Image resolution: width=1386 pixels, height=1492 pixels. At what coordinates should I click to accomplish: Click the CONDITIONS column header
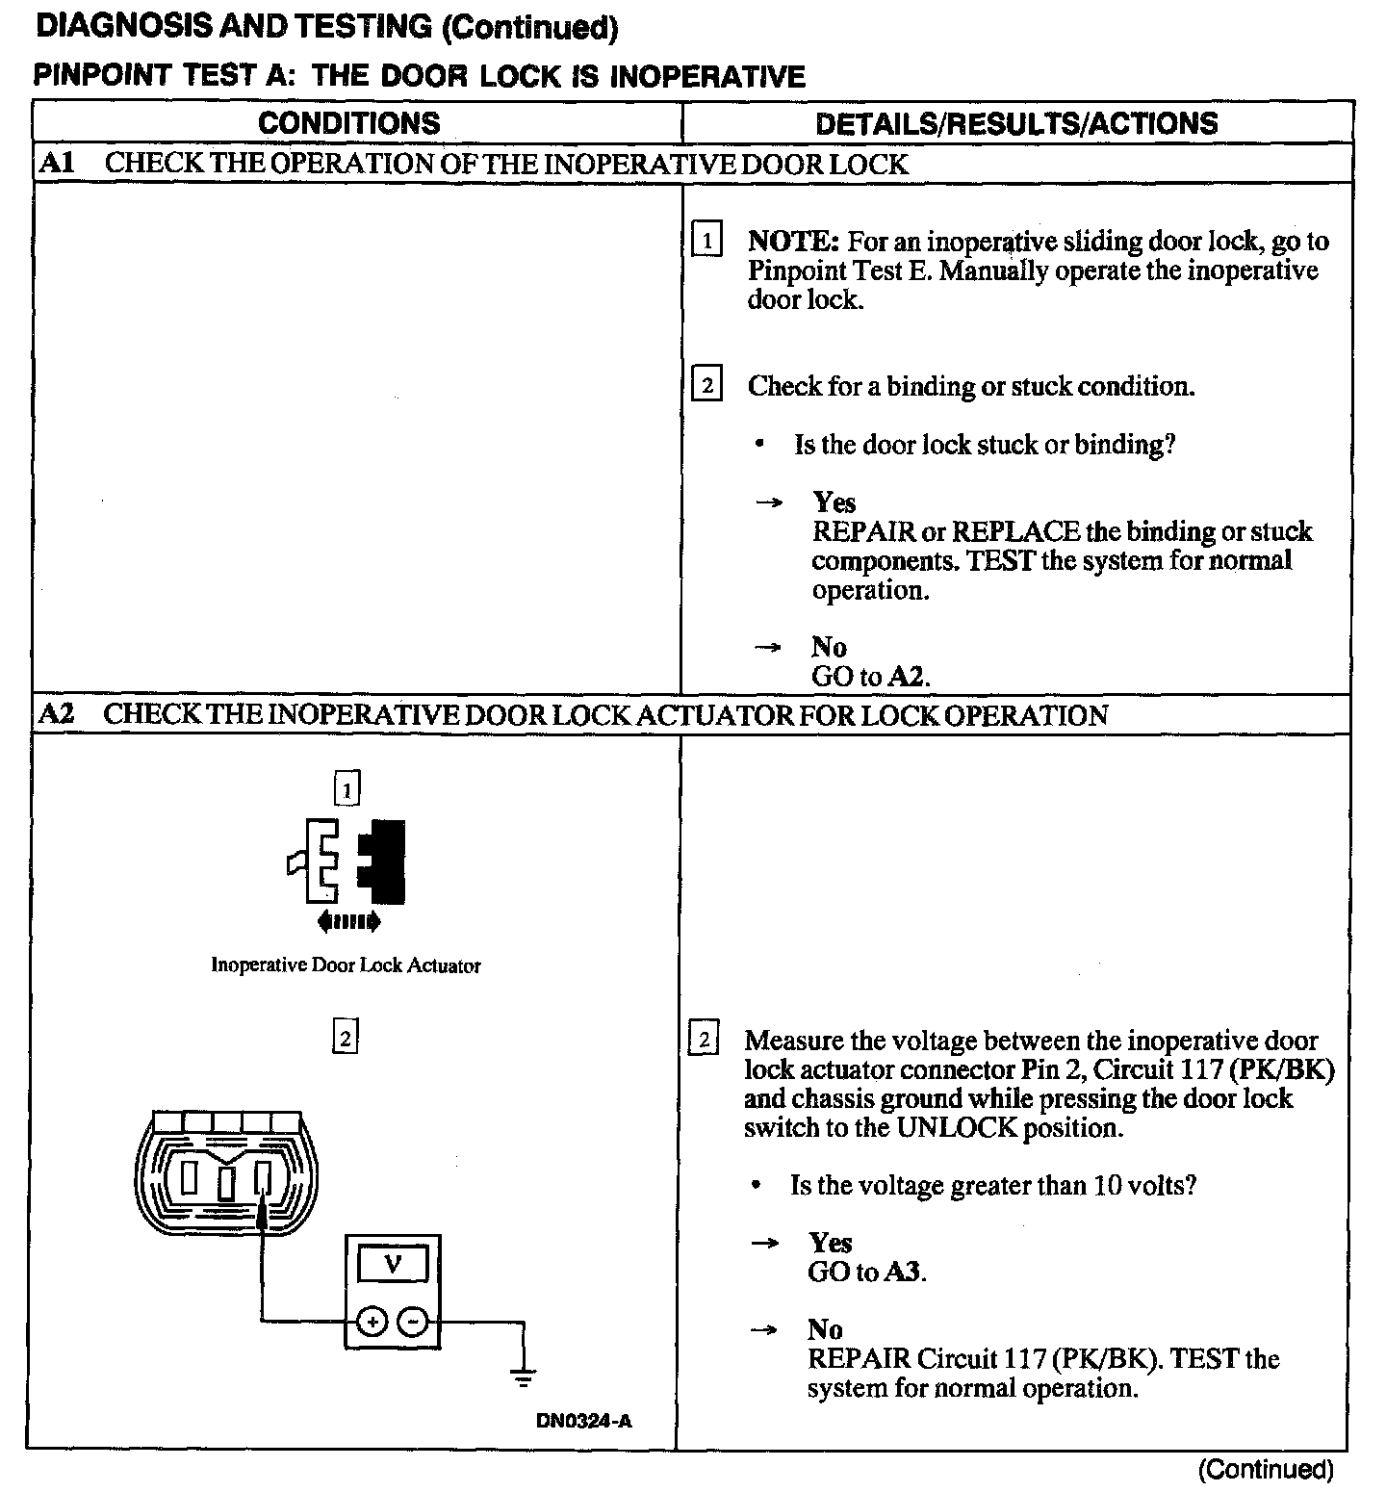[349, 123]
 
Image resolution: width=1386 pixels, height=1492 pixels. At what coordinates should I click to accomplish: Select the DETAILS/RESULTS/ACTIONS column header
[1015, 123]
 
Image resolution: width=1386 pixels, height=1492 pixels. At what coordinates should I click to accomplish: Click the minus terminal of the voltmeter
[413, 1322]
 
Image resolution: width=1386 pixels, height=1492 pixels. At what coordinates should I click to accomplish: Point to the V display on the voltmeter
[392, 1265]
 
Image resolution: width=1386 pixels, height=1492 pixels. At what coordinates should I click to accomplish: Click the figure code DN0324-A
[584, 1422]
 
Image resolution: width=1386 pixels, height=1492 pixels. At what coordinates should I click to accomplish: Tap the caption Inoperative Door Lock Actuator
[346, 965]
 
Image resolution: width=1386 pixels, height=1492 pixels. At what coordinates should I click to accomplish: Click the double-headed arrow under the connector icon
[348, 922]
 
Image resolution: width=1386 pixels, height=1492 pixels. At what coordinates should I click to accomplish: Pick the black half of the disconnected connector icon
[384, 860]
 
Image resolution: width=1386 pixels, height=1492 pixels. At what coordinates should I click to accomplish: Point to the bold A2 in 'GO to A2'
[907, 676]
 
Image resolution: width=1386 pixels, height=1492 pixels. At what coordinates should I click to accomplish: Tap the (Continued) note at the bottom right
[1266, 1470]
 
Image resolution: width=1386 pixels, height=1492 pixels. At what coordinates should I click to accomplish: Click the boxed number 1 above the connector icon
[346, 790]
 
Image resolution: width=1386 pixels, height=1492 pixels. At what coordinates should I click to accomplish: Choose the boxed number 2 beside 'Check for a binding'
[707, 386]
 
